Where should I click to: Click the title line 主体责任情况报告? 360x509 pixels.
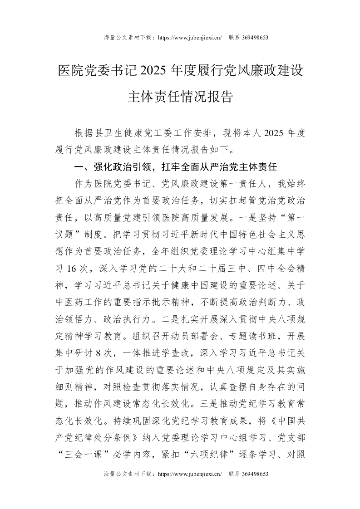(180, 97)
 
